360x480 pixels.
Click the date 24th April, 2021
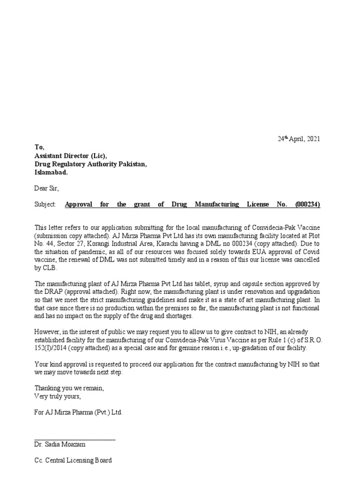coord(297,139)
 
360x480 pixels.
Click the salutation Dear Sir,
coord(47,188)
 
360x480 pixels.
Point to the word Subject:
coord(45,204)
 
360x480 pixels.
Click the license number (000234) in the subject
coord(308,204)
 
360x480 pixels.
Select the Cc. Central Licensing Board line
coord(73,460)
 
